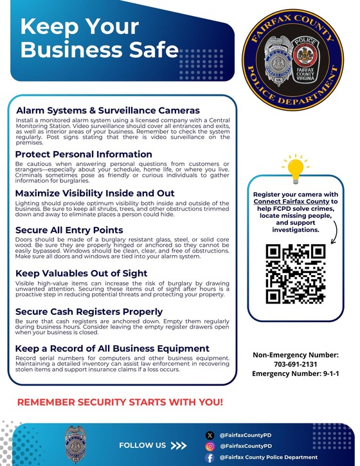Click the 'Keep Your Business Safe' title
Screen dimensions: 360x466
[x=100, y=38]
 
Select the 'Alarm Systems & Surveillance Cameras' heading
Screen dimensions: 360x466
[x=108, y=111]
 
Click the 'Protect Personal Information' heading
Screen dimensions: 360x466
[x=84, y=155]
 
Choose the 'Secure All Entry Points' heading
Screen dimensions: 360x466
[x=69, y=230]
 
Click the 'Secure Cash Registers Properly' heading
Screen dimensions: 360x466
[x=89, y=312]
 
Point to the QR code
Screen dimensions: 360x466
[x=295, y=274]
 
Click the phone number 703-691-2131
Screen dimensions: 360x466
[x=295, y=363]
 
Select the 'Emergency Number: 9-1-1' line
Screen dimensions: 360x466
[x=295, y=373]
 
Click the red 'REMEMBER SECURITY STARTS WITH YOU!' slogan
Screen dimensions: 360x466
[x=120, y=402]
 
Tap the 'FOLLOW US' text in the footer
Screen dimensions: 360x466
[x=142, y=445]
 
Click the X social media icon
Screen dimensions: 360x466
[x=208, y=435]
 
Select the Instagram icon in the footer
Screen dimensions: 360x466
[x=208, y=446]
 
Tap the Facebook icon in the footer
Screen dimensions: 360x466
[x=208, y=457]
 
